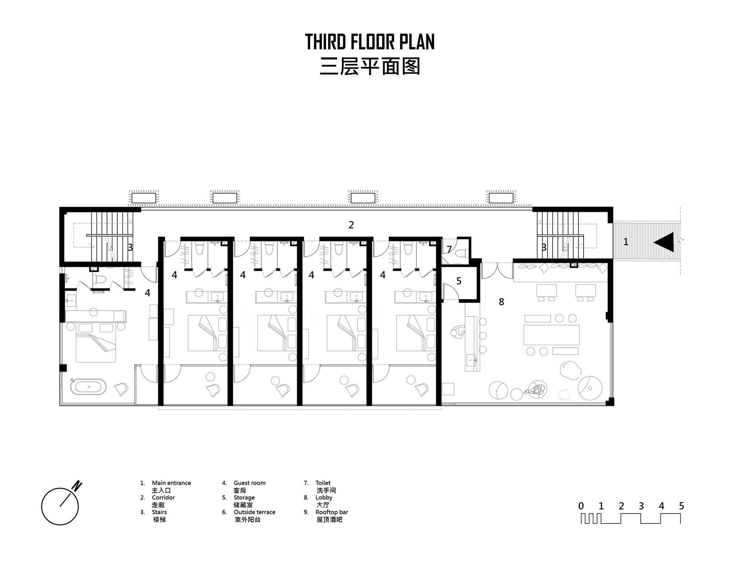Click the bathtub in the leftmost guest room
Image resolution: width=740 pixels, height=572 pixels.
pyautogui.click(x=88, y=387)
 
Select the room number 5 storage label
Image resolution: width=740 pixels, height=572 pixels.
pyautogui.click(x=459, y=281)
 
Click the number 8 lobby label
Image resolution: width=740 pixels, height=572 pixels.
pyautogui.click(x=501, y=302)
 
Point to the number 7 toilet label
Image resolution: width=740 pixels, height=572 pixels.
pyautogui.click(x=449, y=250)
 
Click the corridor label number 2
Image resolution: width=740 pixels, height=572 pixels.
pyautogui.click(x=351, y=225)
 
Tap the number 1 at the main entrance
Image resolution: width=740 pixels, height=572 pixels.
pyautogui.click(x=626, y=242)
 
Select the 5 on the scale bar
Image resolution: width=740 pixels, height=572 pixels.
pyautogui.click(x=682, y=506)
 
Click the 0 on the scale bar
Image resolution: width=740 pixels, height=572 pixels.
pyautogui.click(x=581, y=506)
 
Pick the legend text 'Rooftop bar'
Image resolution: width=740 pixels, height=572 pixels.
pyautogui.click(x=332, y=512)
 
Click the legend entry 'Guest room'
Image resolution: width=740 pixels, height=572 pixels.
pyautogui.click(x=249, y=483)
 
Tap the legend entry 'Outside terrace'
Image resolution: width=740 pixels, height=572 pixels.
pyautogui.click(x=255, y=512)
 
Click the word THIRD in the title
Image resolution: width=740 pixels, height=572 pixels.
pyautogui.click(x=326, y=42)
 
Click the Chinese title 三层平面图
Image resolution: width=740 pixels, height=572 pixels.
pyautogui.click(x=370, y=67)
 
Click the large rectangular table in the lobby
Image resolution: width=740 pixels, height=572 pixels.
pyautogui.click(x=551, y=335)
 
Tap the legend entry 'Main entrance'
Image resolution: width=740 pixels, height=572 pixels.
pyautogui.click(x=171, y=483)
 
